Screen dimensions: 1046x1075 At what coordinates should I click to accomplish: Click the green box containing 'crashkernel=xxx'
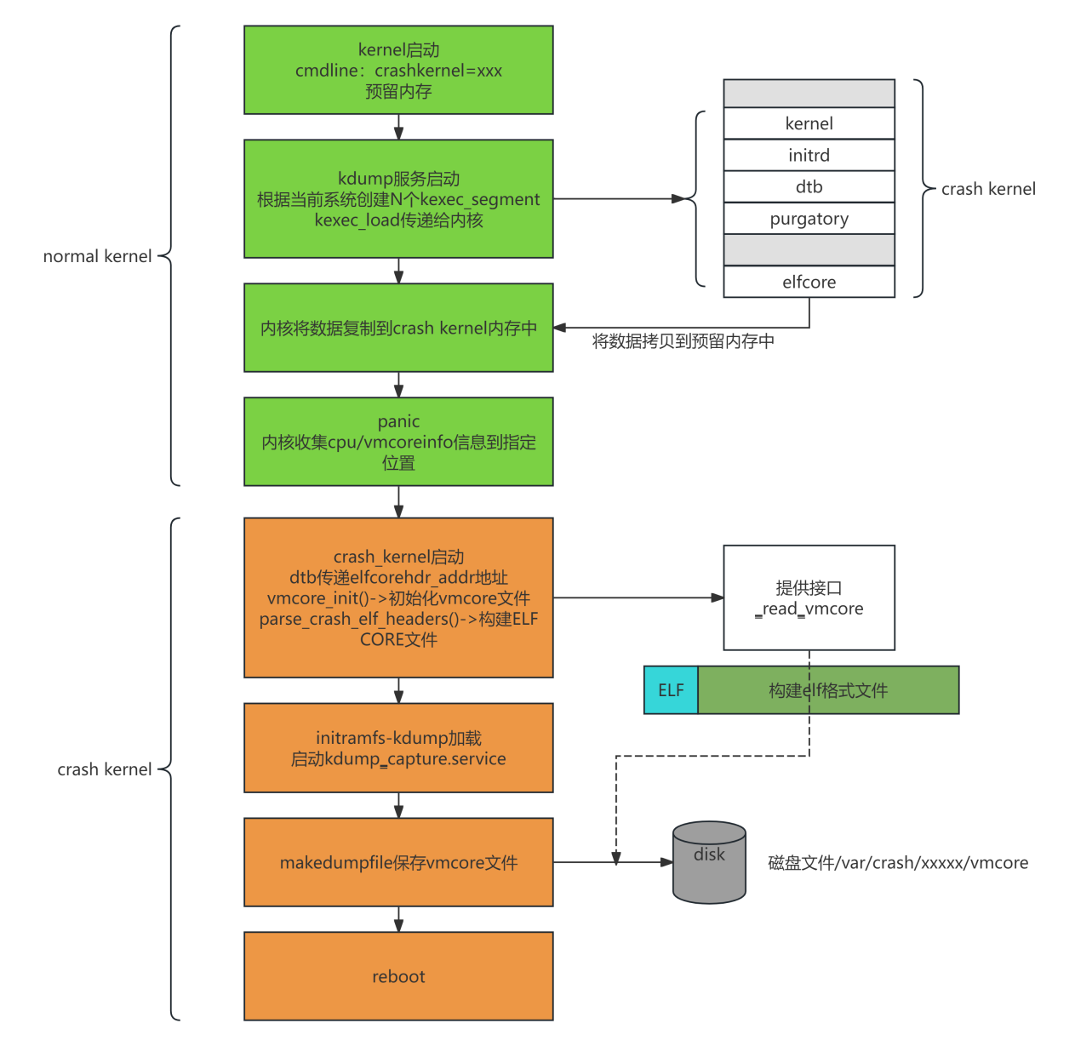[398, 70]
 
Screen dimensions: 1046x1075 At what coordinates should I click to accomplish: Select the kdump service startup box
[398, 199]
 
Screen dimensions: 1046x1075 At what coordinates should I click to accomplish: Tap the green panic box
[398, 442]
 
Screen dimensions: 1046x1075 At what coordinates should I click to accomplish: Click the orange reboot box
[398, 976]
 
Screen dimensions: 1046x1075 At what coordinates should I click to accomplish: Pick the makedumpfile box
[398, 862]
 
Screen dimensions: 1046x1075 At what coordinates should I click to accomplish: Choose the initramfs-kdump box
[398, 748]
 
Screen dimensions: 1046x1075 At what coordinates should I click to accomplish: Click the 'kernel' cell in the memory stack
[809, 123]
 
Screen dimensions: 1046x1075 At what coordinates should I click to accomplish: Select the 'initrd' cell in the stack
[809, 155]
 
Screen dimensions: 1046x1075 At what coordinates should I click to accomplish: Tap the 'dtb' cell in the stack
[809, 187]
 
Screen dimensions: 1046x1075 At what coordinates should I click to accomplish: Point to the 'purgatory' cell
[809, 219]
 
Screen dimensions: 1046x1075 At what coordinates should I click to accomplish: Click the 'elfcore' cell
[809, 282]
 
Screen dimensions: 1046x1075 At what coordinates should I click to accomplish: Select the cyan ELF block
[671, 690]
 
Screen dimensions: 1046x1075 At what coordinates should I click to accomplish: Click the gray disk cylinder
[709, 863]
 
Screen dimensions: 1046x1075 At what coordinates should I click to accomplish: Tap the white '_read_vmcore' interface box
[809, 598]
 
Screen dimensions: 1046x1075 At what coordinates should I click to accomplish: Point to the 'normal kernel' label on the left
[97, 256]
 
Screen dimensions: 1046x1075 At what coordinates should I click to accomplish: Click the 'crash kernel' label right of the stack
[988, 189]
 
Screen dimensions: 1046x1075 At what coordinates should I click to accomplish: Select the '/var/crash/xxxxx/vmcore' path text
[898, 863]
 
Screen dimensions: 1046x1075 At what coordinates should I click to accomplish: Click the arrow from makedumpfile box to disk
[647, 862]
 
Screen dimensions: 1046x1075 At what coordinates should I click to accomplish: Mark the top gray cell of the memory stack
[809, 94]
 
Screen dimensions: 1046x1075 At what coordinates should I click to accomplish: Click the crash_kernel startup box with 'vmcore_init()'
[398, 597]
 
